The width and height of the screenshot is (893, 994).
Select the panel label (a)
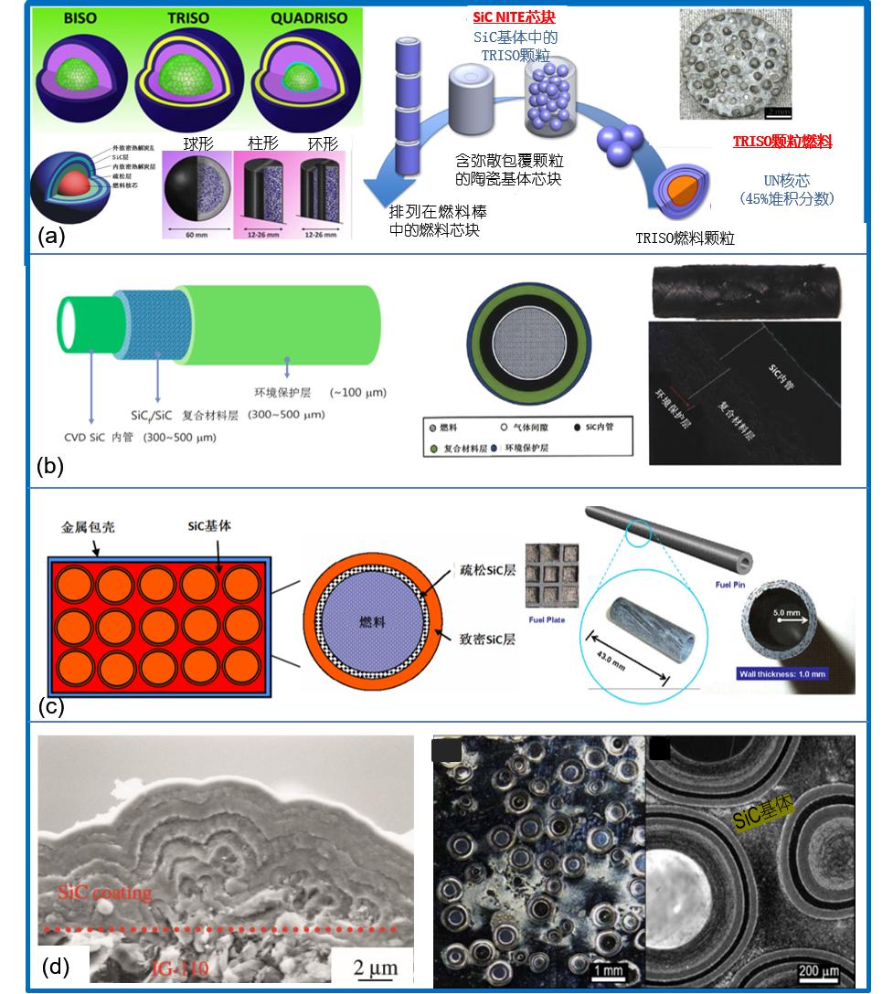(52, 237)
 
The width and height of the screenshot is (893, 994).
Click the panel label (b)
(50, 466)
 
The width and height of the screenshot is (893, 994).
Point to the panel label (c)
(50, 704)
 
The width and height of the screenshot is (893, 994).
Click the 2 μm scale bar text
(367, 965)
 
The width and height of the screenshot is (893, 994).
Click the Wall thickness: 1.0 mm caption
(784, 674)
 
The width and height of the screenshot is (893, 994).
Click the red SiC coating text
(104, 892)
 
